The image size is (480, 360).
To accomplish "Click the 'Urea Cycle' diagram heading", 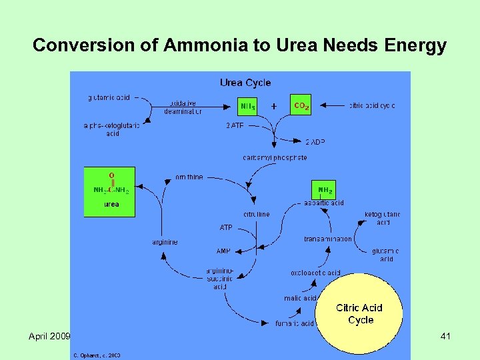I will coord(245,83).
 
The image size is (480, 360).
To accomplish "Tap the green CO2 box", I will coord(301,105).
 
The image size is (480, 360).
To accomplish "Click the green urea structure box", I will coord(110,191).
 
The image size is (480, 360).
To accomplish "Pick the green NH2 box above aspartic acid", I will coord(325,189).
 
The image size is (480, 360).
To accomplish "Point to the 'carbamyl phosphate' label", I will coord(275,157).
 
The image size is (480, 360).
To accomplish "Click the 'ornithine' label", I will coord(189,177).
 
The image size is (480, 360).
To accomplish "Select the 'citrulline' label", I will coord(257,214).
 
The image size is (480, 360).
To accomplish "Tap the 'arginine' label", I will coord(165,242).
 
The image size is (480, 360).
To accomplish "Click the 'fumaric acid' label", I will coord(295,323).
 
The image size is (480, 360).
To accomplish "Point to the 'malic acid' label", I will coord(301,298).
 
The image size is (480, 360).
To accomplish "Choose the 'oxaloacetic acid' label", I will coord(316,273).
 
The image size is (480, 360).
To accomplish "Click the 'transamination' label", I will coord(328,239).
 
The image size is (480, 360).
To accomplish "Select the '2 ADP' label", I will coord(315,142).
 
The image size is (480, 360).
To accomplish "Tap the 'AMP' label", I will coord(223,251).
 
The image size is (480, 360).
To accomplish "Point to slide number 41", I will coord(445,337).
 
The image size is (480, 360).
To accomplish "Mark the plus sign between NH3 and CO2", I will coord(273,105).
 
